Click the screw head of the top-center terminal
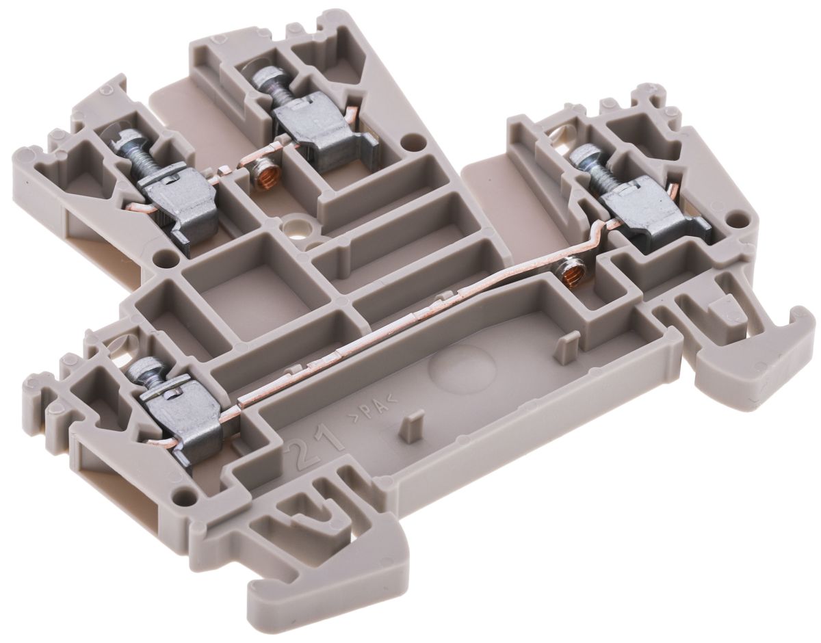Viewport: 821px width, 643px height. pos(263,82)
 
